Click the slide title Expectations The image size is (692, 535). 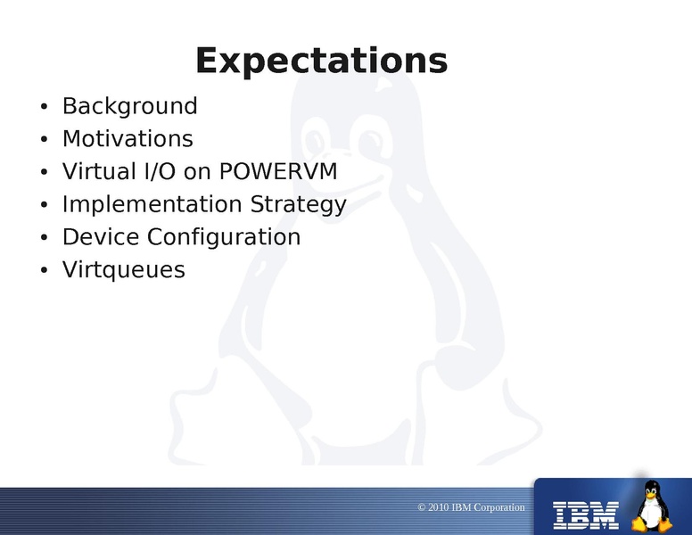(322, 61)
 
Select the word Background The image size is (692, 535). (130, 106)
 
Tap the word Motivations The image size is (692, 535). (128, 138)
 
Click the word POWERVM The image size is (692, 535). (278, 171)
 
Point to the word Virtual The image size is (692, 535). (99, 171)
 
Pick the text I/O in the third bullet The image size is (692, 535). (161, 171)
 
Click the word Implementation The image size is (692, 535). (152, 204)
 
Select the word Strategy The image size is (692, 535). (299, 205)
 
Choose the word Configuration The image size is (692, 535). (224, 237)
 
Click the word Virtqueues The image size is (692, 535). (124, 269)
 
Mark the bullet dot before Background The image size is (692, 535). (44, 107)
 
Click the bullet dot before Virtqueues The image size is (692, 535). (44, 270)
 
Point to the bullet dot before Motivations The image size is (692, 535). (44, 139)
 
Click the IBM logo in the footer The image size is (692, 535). (586, 515)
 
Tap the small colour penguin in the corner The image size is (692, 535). (652, 506)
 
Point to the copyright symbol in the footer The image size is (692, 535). (422, 507)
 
